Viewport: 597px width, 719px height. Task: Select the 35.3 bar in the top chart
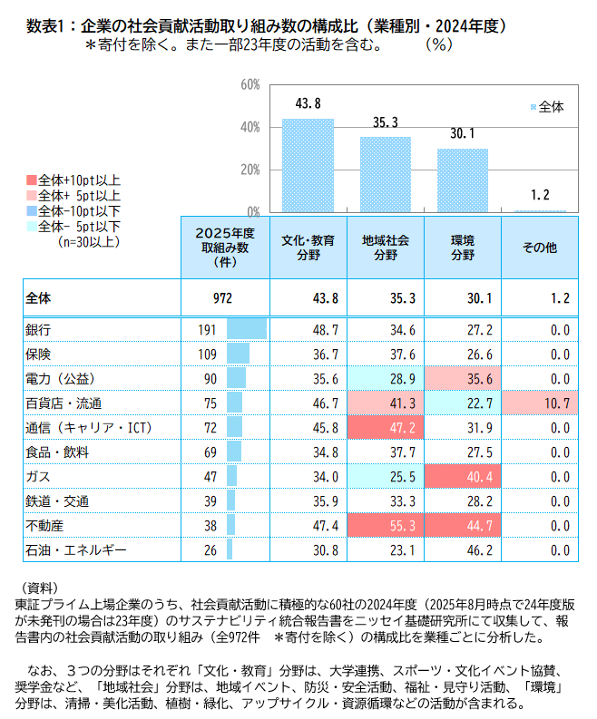click(386, 174)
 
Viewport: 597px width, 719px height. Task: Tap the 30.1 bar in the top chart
click(462, 180)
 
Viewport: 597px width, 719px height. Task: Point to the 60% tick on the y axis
click(250, 84)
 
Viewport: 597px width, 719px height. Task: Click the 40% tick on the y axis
click(250, 127)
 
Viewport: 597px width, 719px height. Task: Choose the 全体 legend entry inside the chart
click(547, 107)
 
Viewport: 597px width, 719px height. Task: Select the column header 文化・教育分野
click(308, 248)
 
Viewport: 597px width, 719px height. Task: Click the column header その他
click(540, 248)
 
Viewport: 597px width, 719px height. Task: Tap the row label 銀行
click(40, 329)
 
